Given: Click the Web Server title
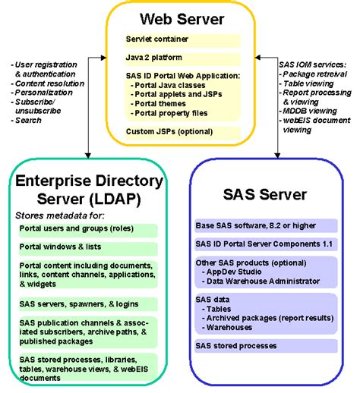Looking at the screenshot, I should click(180, 17).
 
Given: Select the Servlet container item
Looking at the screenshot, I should click(156, 38).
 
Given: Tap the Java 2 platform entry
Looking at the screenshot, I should click(152, 56).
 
